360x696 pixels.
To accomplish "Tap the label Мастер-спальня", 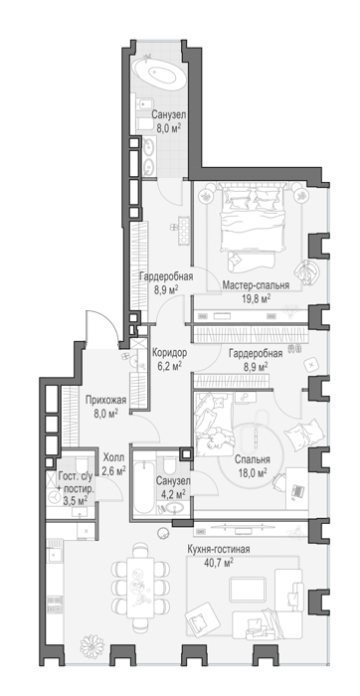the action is point(256,285).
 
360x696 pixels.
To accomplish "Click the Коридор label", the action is point(169,353).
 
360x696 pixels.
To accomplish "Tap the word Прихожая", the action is point(105,400).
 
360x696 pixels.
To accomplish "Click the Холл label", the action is point(113,457).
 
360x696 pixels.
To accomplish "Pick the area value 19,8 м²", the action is point(256,299).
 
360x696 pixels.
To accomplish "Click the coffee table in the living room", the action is point(248,589).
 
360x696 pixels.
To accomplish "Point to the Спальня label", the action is point(253,459).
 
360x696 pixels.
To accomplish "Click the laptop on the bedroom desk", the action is point(296,490).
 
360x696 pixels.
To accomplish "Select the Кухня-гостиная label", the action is point(218,550).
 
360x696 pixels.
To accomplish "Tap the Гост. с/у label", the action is point(76,477).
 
